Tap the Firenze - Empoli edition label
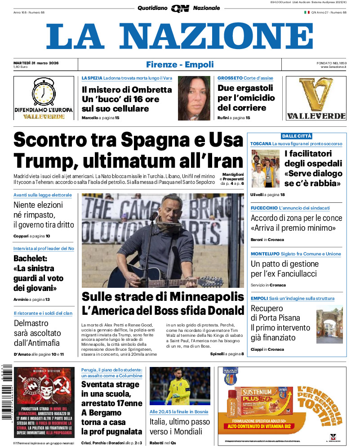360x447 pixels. point(180,65)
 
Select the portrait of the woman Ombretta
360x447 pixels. point(194,98)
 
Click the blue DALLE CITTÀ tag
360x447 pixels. point(297,136)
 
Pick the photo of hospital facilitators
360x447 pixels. point(265,169)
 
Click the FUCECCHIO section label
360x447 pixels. point(264,208)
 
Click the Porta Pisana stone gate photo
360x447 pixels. point(329,325)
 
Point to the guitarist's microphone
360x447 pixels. point(154,216)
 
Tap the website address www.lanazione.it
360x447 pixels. point(333,67)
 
